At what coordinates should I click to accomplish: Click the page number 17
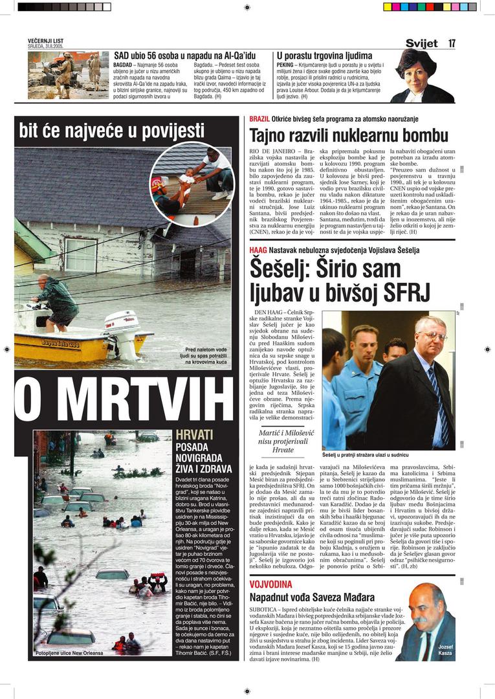pyautogui.click(x=452, y=43)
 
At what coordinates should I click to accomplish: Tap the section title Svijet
pyautogui.click(x=421, y=43)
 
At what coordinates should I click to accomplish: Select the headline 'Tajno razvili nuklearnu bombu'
pyautogui.click(x=349, y=135)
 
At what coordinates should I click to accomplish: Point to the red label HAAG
pyautogui.click(x=258, y=250)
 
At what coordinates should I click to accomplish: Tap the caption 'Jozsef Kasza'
pyautogui.click(x=445, y=650)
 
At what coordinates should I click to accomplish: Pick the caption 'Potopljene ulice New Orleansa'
pyautogui.click(x=69, y=653)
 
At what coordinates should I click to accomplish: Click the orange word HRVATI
pyautogui.click(x=194, y=435)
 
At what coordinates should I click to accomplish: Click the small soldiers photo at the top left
pyautogui.click(x=68, y=74)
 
